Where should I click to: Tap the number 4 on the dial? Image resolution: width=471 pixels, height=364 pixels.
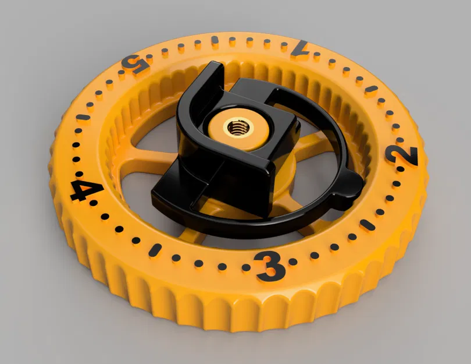tap(85, 190)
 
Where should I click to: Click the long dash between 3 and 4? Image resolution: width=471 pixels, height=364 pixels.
tap(155, 249)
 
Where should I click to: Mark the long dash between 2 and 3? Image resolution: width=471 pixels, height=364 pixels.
tap(367, 224)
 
